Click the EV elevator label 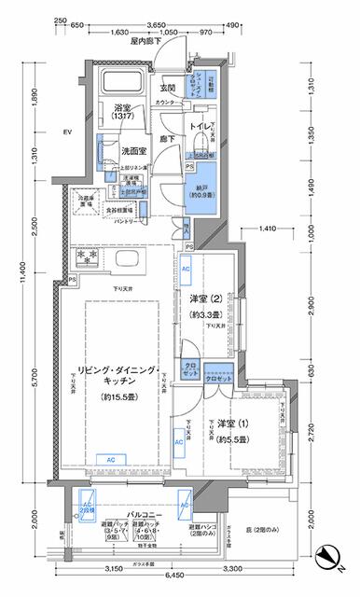coord(68,132)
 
